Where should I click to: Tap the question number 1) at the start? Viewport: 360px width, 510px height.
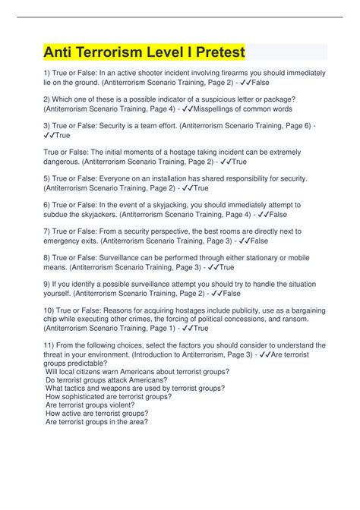(46, 72)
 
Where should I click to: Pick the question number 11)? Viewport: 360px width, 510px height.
(48, 345)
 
